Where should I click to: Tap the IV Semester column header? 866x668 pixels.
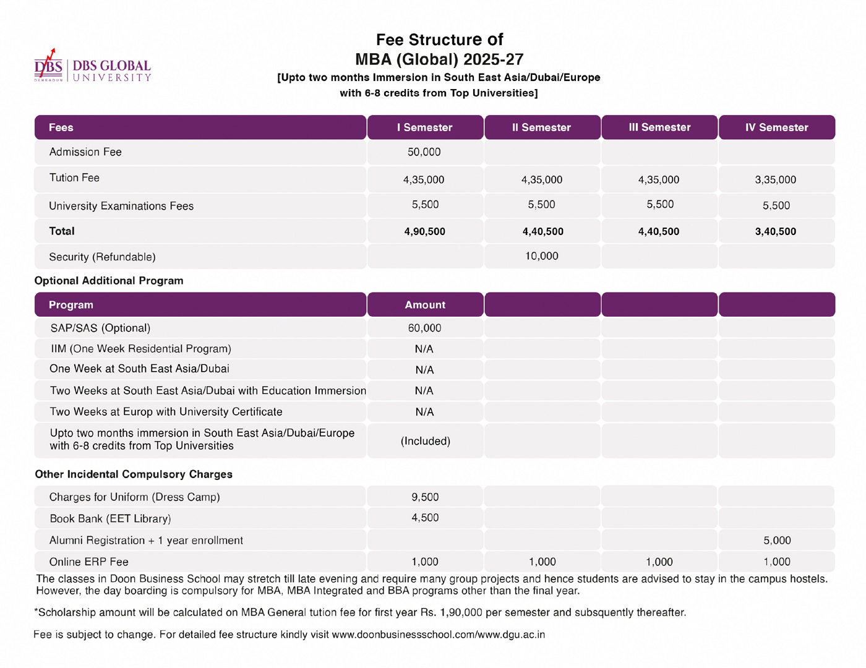pos(776,127)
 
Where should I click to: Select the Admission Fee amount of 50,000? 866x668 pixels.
pos(424,152)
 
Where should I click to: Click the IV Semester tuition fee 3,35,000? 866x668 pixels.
pos(776,180)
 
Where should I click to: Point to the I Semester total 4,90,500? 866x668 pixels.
pos(425,231)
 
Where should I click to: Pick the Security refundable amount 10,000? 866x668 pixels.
pos(542,256)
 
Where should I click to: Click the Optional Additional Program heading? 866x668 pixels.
pos(109,281)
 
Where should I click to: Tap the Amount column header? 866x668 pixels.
pos(425,305)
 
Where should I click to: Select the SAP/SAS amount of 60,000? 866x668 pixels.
pos(425,328)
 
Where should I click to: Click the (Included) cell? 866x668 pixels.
pos(426,441)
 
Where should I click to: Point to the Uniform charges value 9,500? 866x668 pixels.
pos(425,497)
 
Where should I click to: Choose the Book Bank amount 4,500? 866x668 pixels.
pos(425,518)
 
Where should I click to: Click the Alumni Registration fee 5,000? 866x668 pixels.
pos(777,541)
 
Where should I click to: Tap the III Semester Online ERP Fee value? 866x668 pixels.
pos(659,562)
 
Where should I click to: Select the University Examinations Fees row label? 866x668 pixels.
pos(121,206)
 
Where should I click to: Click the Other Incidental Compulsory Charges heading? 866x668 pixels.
pos(134,474)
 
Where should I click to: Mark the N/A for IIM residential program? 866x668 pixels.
pos(424,349)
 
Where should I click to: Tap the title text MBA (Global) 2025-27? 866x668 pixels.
pos(439,59)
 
